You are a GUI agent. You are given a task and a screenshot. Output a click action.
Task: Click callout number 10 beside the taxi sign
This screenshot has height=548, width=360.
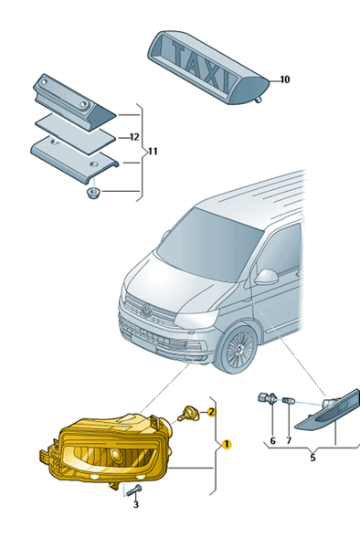tap(285, 79)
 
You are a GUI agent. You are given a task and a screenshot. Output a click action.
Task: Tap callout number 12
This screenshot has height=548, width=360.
tap(134, 137)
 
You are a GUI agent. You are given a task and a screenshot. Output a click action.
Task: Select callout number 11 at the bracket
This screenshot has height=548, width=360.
tap(153, 152)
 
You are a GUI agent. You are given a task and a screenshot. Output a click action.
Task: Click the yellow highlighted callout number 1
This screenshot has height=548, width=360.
tap(226, 445)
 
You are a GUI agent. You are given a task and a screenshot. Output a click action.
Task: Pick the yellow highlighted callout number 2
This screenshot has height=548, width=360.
tap(211, 413)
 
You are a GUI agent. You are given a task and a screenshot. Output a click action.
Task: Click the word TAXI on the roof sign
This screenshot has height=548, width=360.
tap(202, 66)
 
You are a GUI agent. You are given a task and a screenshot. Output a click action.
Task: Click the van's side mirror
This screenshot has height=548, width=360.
tap(266, 277)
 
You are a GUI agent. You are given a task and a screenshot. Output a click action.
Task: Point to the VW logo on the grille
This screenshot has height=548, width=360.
tap(147, 311)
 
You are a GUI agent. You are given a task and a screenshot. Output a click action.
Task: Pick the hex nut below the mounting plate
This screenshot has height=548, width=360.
tap(93, 192)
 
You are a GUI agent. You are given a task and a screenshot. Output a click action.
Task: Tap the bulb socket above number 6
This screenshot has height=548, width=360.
tap(268, 397)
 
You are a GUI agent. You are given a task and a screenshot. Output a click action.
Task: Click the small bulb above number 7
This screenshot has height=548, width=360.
tap(289, 401)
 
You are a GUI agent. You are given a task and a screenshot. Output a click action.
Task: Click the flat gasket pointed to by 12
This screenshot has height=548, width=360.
tap(75, 133)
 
